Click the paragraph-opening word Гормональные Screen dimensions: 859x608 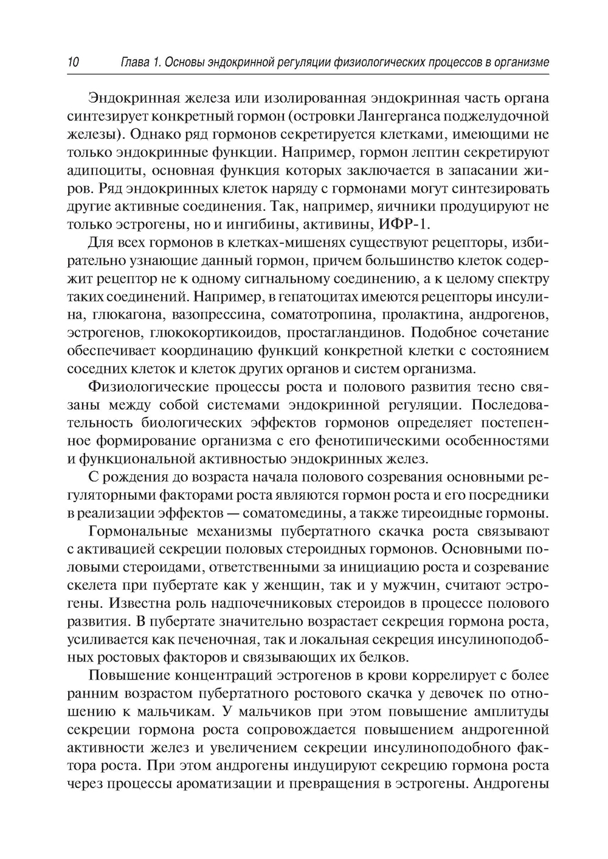[147, 531]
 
